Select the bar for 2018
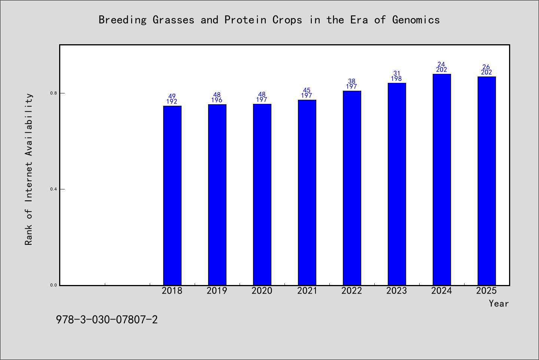(x=172, y=195)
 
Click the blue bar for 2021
(x=307, y=192)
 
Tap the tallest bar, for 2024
(x=442, y=180)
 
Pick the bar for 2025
(x=487, y=181)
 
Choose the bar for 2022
(x=352, y=188)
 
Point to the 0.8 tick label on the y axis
(x=54, y=93)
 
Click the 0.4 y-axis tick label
(x=54, y=189)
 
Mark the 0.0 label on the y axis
(x=54, y=285)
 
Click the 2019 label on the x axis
(x=217, y=291)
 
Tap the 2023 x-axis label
(x=396, y=291)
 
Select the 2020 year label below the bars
(x=262, y=291)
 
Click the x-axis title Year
(x=499, y=303)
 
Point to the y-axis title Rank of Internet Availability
(x=28, y=169)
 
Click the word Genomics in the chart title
(x=416, y=20)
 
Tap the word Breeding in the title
(x=122, y=20)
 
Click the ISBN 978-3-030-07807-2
(x=107, y=320)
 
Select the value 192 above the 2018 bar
(x=172, y=102)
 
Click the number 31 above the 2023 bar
(x=397, y=73)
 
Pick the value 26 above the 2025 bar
(x=486, y=67)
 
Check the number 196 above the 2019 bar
(x=217, y=100)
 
